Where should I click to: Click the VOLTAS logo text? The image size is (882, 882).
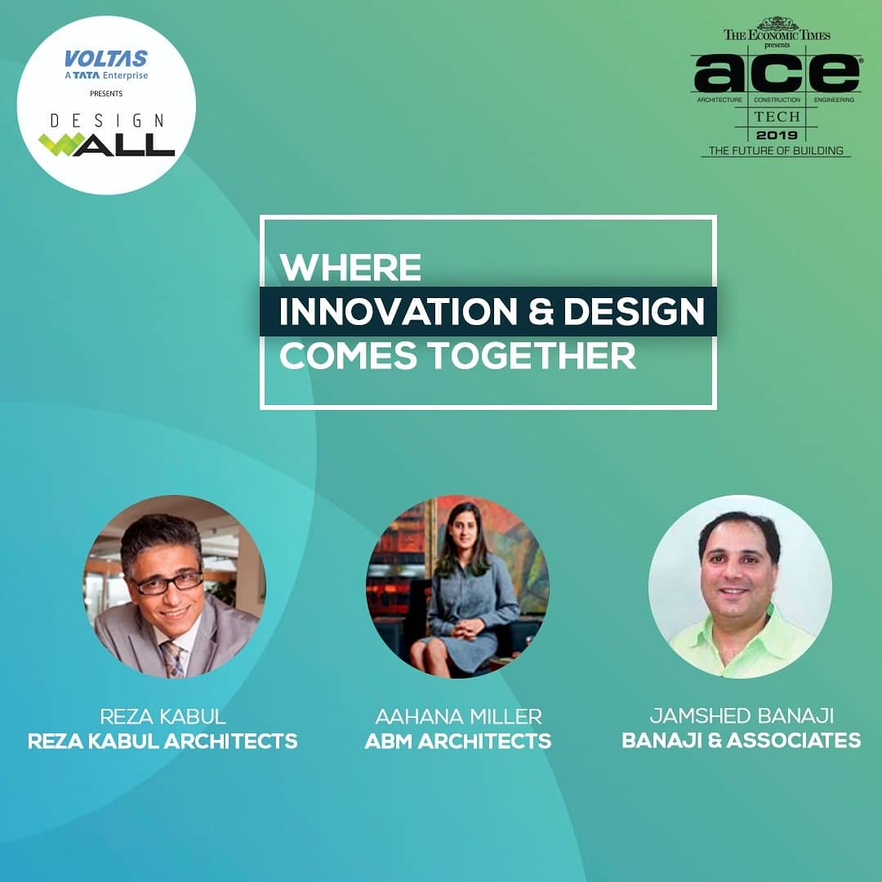pyautogui.click(x=106, y=59)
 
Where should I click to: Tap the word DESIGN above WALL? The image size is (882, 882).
pyautogui.click(x=106, y=120)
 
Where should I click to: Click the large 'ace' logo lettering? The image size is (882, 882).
pyautogui.click(x=776, y=74)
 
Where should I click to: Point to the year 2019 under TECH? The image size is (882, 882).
pyautogui.click(x=777, y=134)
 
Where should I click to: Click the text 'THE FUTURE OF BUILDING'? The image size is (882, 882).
pyautogui.click(x=776, y=151)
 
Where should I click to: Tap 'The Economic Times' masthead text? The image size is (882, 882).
pyautogui.click(x=776, y=34)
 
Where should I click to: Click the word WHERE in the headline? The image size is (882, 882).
pyautogui.click(x=350, y=267)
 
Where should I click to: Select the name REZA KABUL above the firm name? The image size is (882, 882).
pyautogui.click(x=163, y=717)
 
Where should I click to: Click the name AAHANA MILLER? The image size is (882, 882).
pyautogui.click(x=458, y=717)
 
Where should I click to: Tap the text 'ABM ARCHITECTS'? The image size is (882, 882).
pyautogui.click(x=458, y=742)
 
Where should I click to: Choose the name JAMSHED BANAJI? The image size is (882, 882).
pyautogui.click(x=741, y=716)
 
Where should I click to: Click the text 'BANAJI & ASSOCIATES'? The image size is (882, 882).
pyautogui.click(x=741, y=741)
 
